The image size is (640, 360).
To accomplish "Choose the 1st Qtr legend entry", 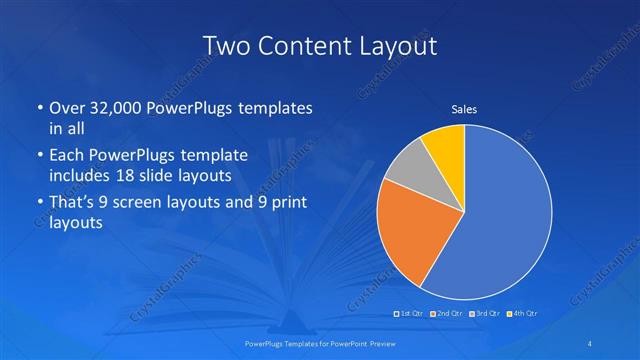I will click(x=411, y=314).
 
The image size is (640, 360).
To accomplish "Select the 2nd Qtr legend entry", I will click(x=447, y=314).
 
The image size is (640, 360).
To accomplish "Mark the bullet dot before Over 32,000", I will click(x=39, y=108).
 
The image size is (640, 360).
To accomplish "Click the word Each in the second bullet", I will click(x=68, y=157).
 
